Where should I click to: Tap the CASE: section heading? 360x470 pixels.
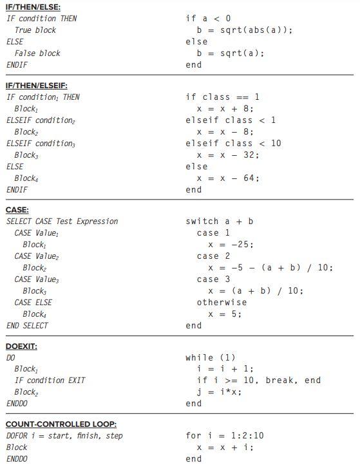(17, 209)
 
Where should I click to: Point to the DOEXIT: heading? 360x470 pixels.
(21, 346)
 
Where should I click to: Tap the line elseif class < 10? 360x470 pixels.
(233, 143)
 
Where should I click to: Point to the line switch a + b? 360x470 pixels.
(219, 221)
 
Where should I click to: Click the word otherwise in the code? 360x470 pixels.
(222, 302)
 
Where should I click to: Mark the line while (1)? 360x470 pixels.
(211, 357)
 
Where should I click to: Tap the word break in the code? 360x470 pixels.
(279, 381)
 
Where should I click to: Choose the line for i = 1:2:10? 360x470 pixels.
(224, 436)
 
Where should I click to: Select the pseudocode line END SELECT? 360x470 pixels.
(27, 326)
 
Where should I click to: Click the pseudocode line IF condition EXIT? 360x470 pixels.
(49, 381)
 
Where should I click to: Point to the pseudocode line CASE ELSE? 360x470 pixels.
(33, 303)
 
